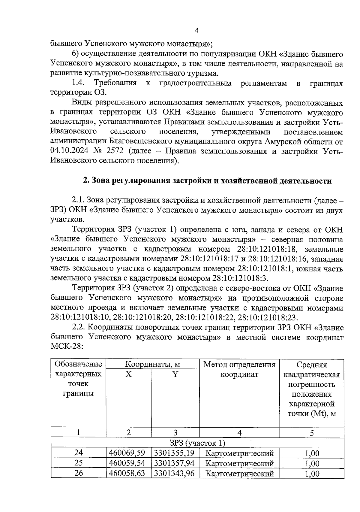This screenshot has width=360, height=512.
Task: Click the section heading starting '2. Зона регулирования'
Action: (207, 181)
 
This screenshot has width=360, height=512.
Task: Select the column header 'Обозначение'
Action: (78, 364)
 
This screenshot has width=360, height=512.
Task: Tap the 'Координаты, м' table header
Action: (152, 364)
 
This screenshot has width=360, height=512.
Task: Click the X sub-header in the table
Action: (128, 374)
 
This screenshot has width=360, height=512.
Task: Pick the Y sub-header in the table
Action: (175, 374)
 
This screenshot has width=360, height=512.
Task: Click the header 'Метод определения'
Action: (239, 365)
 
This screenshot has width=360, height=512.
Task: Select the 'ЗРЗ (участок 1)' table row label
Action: (197, 443)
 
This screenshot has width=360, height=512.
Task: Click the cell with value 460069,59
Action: (127, 453)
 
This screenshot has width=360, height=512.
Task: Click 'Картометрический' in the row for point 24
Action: (239, 453)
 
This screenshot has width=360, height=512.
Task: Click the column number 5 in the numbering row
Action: (312, 433)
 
